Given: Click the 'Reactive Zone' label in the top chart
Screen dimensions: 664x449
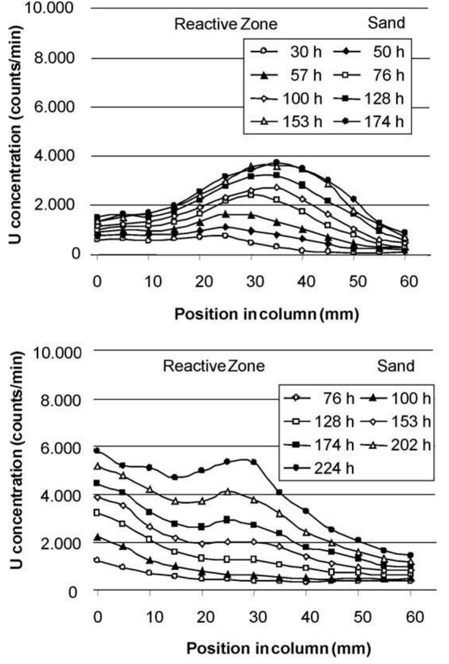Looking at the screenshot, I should (226, 24).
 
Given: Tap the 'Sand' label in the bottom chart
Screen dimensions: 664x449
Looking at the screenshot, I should (396, 365).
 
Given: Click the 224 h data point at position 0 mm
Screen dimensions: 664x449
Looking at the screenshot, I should (97, 451).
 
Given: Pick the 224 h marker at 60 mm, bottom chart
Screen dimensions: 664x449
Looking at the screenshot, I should (410, 555).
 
